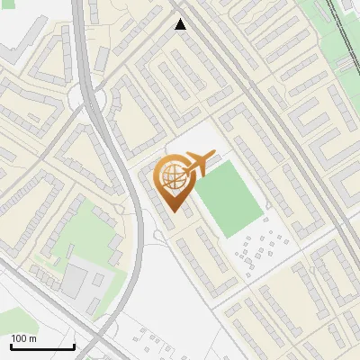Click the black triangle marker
[x=181, y=24]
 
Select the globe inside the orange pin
[x=173, y=176]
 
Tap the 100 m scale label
[x=24, y=338]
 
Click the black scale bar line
[x=41, y=347]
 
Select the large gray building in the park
[x=76, y=278]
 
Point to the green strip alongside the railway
[x=324, y=36]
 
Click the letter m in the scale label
[x=32, y=339]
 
